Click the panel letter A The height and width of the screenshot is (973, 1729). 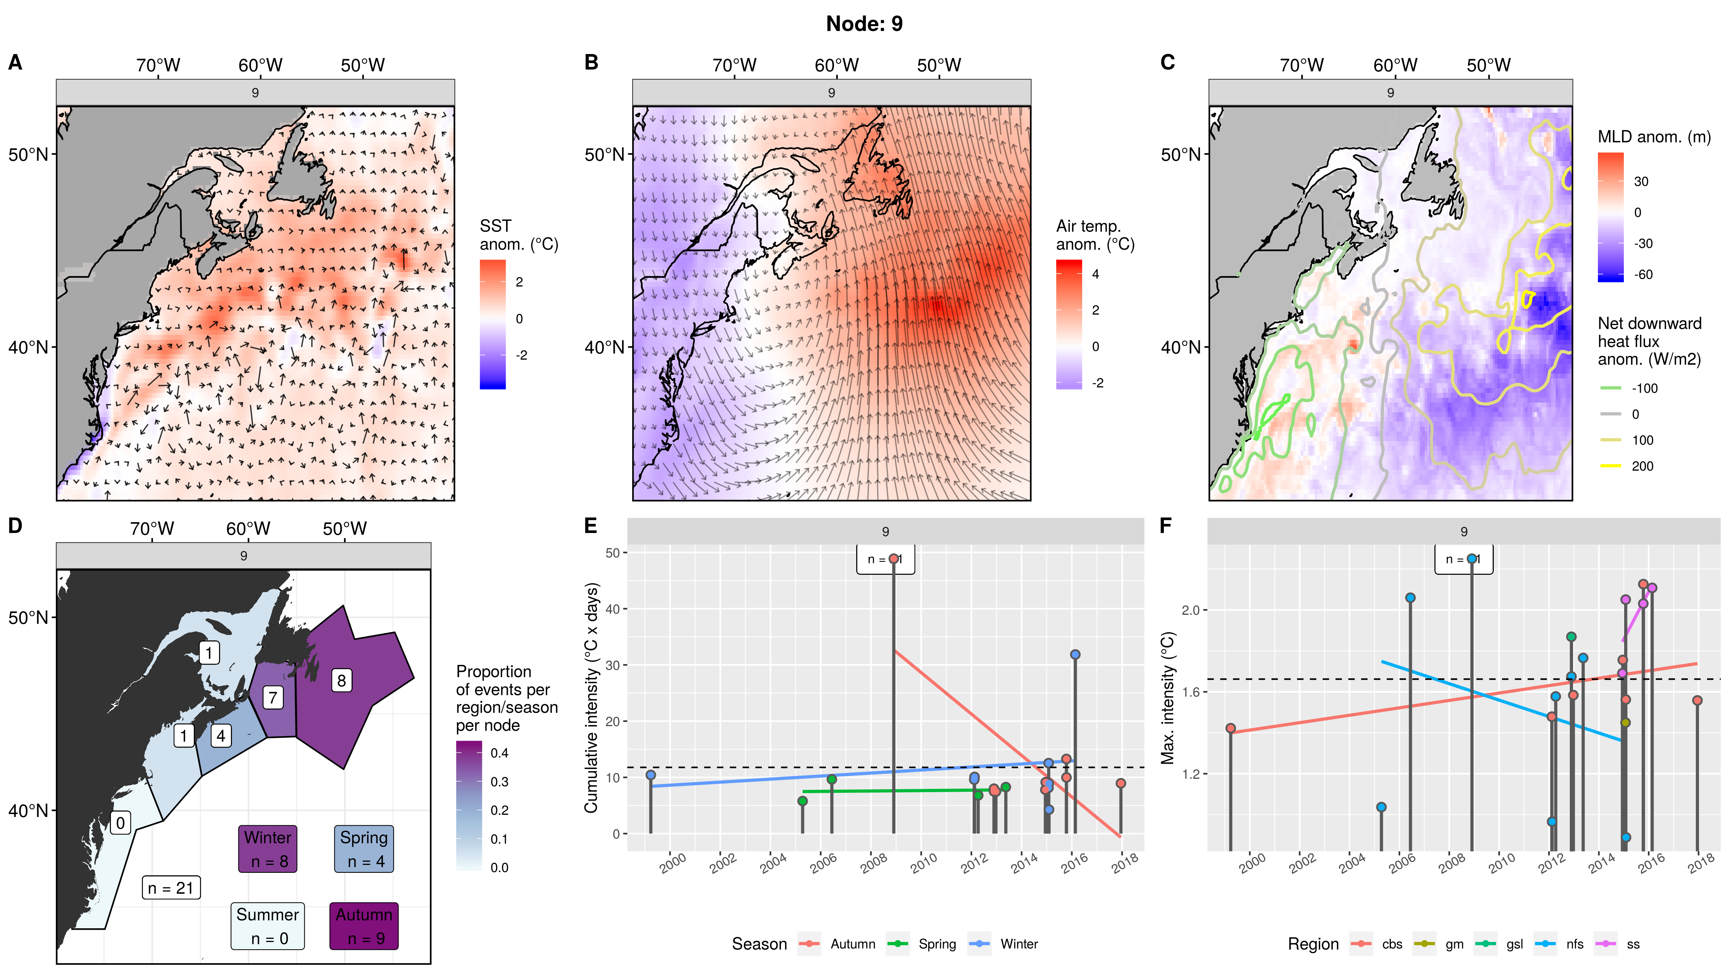pyautogui.click(x=15, y=62)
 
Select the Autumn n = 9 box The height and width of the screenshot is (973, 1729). pyautogui.click(x=364, y=926)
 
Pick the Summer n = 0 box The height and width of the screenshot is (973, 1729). pyautogui.click(x=267, y=926)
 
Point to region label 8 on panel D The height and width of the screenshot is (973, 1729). pyautogui.click(x=341, y=681)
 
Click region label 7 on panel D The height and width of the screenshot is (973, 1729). pyautogui.click(x=273, y=698)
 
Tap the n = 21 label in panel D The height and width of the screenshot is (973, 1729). pyautogui.click(x=170, y=888)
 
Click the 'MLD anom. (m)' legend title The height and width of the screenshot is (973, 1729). pyautogui.click(x=1654, y=137)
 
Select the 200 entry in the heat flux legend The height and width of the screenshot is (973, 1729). pyautogui.click(x=1642, y=466)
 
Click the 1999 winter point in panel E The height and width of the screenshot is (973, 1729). pyautogui.click(x=651, y=775)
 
